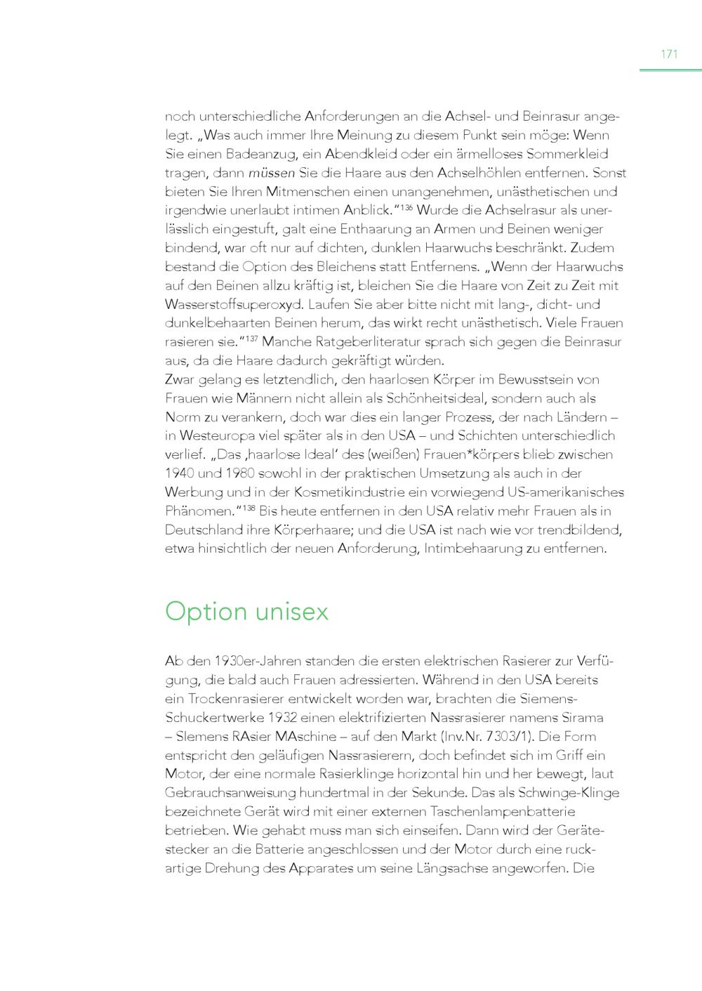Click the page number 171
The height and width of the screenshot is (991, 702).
click(669, 54)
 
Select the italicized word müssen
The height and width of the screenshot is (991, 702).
click(272, 173)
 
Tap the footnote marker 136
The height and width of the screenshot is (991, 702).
click(406, 206)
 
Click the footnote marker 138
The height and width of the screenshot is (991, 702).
click(249, 507)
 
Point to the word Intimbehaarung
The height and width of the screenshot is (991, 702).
click(472, 549)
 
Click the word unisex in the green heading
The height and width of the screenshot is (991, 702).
click(292, 612)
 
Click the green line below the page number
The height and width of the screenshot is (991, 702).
click(670, 70)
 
